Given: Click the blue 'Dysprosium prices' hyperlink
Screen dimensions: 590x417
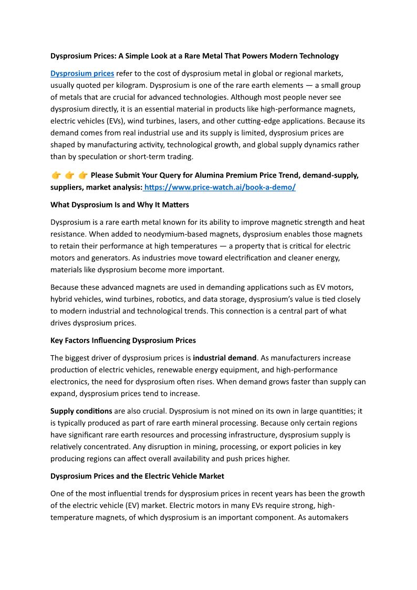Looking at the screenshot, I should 82,73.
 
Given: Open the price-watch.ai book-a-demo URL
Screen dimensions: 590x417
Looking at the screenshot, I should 220,187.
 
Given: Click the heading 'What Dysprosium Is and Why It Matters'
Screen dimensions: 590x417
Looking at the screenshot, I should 119,204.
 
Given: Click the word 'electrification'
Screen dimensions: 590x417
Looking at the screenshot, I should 273,257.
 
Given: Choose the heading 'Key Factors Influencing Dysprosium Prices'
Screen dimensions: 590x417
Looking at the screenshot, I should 123,340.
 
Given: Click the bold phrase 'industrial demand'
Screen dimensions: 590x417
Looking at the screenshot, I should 225,358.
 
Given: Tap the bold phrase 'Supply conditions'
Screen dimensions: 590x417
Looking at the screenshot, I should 81,411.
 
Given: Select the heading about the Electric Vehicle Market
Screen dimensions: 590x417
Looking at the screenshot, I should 137,476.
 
